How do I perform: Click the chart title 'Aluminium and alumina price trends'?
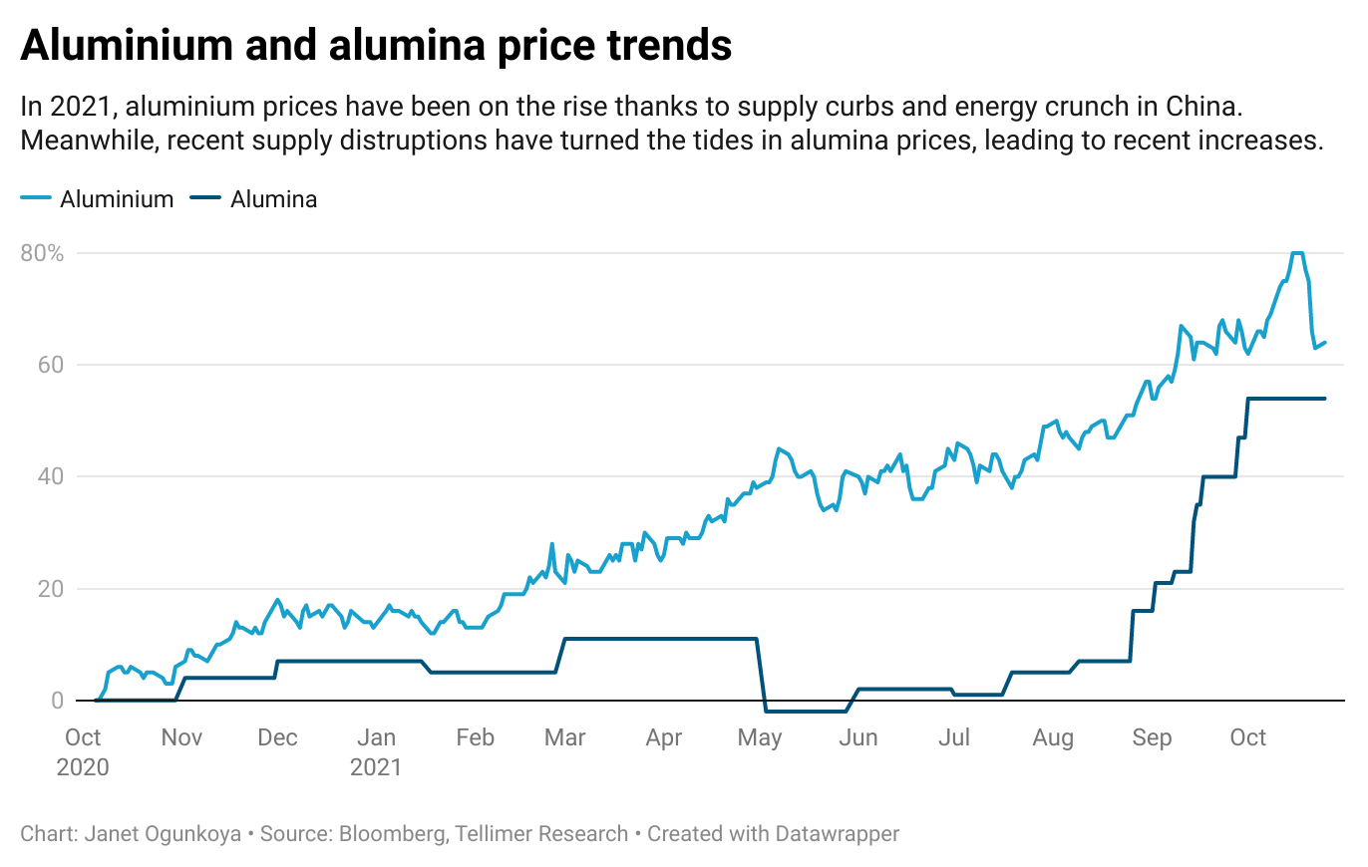(x=376, y=47)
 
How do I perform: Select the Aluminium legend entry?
(x=116, y=199)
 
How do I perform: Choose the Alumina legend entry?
(x=273, y=199)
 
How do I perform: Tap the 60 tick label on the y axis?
(x=50, y=365)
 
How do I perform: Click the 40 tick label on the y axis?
(x=50, y=476)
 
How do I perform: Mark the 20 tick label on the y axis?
(x=50, y=589)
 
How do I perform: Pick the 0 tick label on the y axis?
(x=57, y=701)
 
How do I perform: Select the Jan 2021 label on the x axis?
(x=376, y=752)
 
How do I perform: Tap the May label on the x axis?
(x=760, y=738)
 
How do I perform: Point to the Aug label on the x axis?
(x=1053, y=738)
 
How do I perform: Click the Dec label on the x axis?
(x=277, y=738)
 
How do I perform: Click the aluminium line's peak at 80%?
(x=1297, y=253)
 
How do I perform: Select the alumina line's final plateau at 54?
(x=1286, y=399)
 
